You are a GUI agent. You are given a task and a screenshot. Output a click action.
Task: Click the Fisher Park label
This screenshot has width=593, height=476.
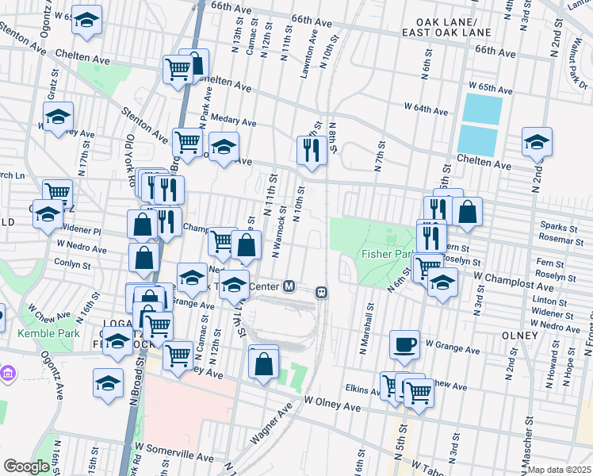point(387,255)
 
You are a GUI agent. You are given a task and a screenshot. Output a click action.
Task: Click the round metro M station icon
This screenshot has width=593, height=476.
point(289,286)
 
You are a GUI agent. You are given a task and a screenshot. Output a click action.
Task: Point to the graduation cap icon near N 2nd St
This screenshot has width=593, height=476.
point(537,141)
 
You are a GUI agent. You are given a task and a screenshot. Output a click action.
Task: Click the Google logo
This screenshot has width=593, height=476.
point(27,466)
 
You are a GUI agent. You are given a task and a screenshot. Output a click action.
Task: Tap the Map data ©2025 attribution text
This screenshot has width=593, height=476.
point(558,470)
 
